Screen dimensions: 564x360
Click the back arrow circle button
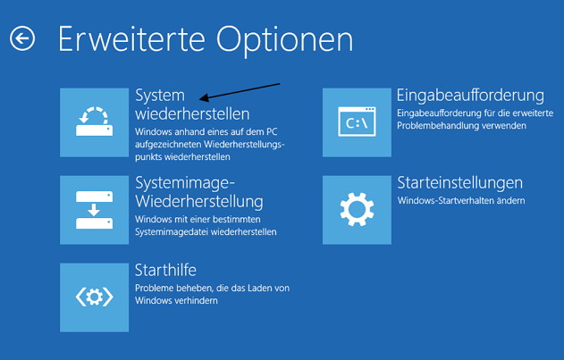pos(22,38)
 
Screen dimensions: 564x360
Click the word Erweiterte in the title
pos(131,38)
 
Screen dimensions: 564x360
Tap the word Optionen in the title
pos(284,41)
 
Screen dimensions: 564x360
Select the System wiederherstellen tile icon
pos(94,122)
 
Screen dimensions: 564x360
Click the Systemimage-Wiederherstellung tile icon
pos(94,210)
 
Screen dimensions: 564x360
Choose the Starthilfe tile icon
pos(94,297)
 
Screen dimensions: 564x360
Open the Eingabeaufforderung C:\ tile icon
pos(357,122)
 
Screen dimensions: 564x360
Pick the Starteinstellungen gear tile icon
pos(357,210)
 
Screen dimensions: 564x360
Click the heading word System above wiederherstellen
pos(160,96)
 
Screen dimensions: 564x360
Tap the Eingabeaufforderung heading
pos(470,96)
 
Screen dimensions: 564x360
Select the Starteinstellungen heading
pos(459,183)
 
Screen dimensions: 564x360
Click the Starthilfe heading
pos(165,270)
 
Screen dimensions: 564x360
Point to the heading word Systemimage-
pos(185,183)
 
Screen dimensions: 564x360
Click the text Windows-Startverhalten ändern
pos(461,200)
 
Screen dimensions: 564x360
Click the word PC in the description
pos(272,131)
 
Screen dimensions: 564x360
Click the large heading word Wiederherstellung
pos(199,201)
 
